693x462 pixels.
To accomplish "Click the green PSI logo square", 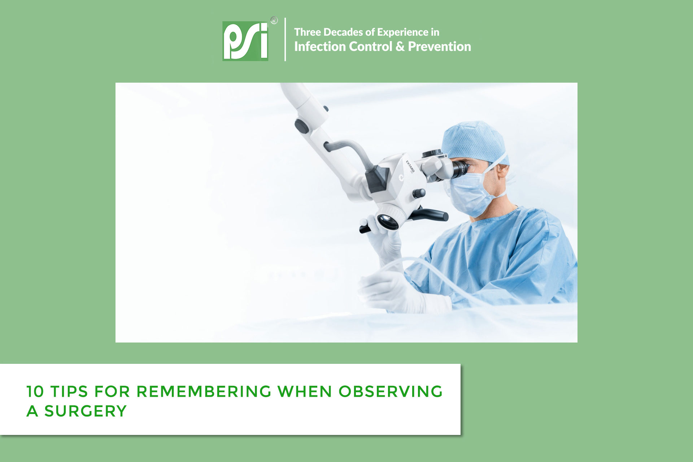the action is point(245,41).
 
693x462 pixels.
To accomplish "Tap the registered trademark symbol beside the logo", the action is point(274,20).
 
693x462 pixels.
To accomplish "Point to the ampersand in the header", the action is point(400,47).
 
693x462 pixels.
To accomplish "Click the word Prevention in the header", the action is point(439,47).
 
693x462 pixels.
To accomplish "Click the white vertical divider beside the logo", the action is point(285,39).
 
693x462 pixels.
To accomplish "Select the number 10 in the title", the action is point(35,392).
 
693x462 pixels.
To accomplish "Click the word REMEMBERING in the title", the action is point(204,392).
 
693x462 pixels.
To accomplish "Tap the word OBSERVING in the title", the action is point(391,392).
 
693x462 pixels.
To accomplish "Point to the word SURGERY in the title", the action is point(86,411).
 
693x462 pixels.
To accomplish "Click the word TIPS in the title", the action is point(69,392).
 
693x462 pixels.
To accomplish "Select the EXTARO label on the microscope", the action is point(410,166).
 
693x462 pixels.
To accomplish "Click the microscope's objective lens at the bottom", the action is point(388,221).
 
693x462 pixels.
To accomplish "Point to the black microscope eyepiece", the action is point(460,169).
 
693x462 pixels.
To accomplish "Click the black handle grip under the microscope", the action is point(430,215).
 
